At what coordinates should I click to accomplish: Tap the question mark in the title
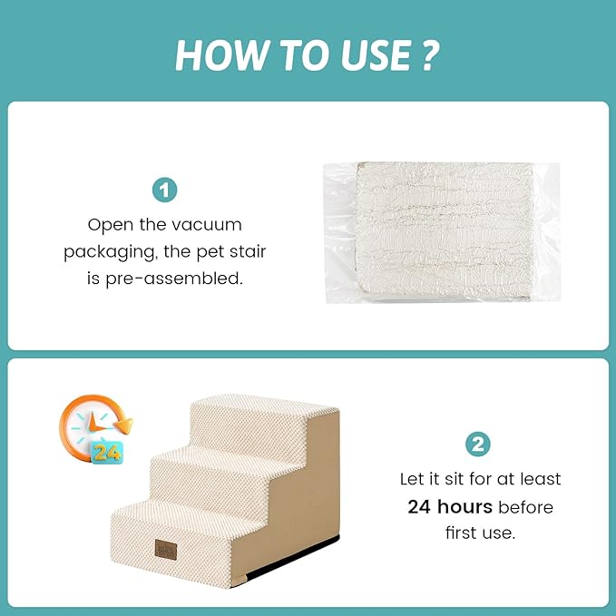point(431,55)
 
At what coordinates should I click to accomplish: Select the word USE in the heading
point(376,55)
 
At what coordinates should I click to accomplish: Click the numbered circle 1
point(164,191)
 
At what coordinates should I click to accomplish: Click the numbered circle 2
point(478,445)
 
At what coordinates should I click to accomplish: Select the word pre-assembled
point(174,279)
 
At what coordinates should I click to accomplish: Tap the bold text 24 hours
point(450,507)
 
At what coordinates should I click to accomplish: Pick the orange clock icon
point(95,428)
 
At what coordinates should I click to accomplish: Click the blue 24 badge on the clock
point(107,453)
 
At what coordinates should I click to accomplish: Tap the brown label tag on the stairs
point(166,549)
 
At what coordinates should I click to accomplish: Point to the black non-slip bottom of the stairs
point(293,557)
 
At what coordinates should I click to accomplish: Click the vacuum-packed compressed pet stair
point(443,232)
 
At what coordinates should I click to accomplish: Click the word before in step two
point(525,507)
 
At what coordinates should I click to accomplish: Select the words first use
point(480,533)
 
